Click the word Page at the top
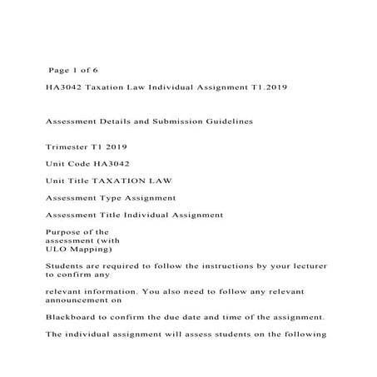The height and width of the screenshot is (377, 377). pyautogui.click(x=62, y=70)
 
